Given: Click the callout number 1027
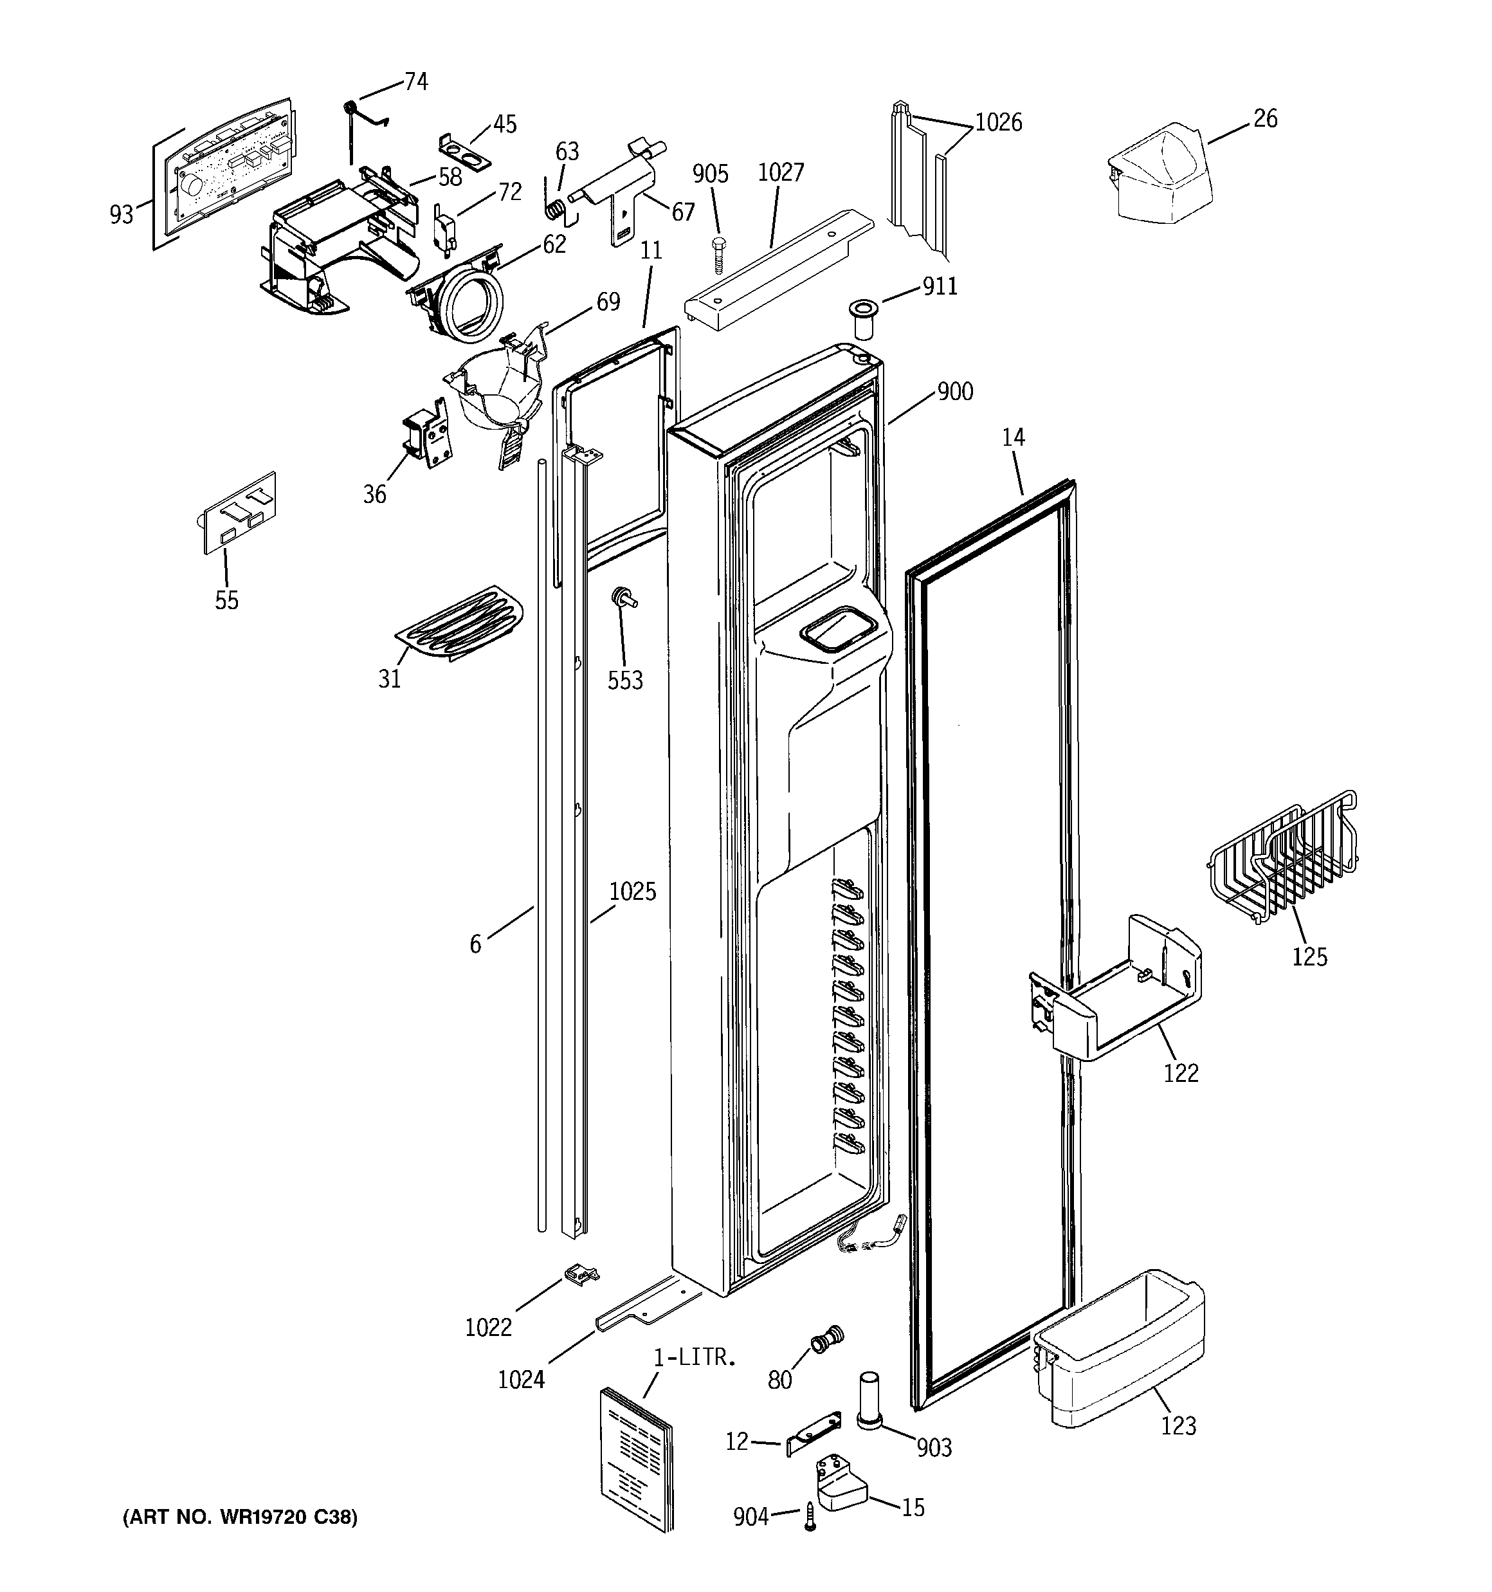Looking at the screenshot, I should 780,173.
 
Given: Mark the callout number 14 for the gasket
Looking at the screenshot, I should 1013,438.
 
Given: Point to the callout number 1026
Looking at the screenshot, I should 998,122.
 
